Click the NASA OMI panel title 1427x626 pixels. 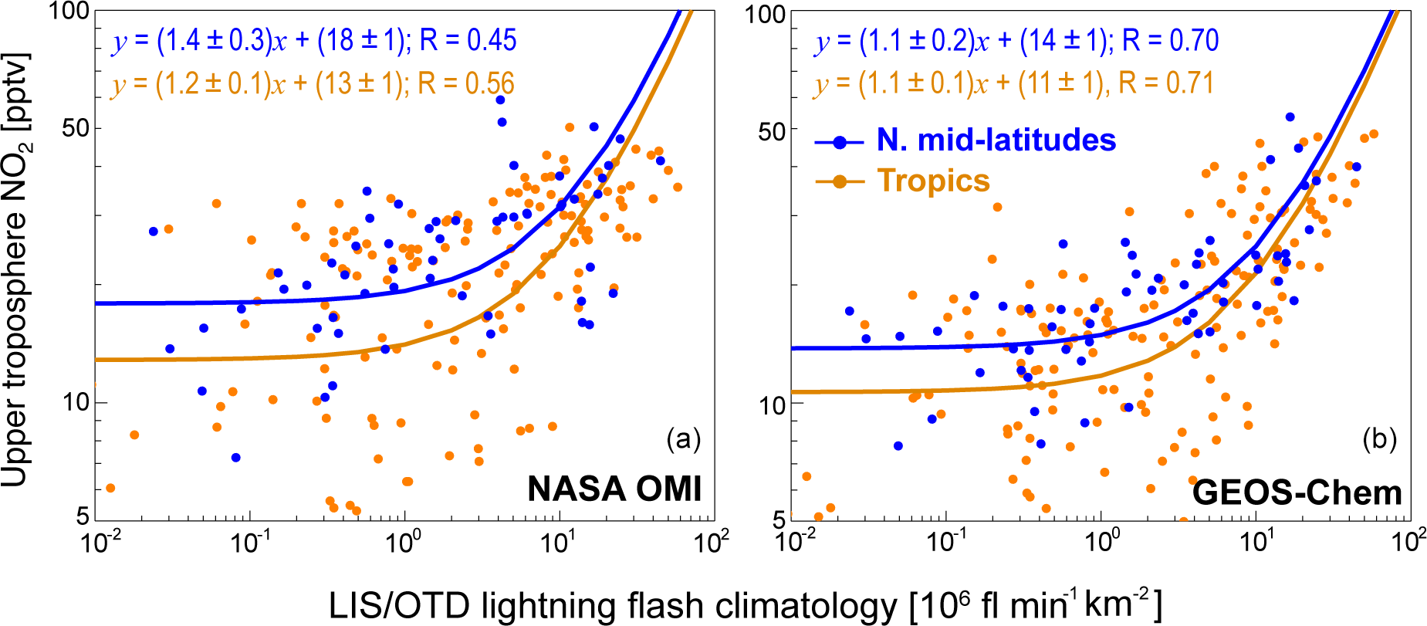tap(614, 489)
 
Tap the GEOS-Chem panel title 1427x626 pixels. tap(1297, 492)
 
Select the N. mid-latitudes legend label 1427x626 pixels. tap(996, 140)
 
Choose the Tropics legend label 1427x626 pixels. tap(933, 181)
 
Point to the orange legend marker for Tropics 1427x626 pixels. tap(840, 181)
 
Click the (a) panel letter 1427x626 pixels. tap(683, 439)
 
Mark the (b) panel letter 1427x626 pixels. tap(1379, 439)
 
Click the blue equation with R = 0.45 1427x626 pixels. tap(314, 40)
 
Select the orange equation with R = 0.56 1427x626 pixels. tap(313, 83)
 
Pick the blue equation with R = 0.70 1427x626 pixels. tap(1016, 40)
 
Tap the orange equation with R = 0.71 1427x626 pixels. tap(1013, 83)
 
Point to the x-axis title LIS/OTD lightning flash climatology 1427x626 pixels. tap(745, 606)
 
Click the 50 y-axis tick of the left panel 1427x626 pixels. tap(76, 128)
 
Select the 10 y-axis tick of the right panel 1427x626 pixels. tap(772, 405)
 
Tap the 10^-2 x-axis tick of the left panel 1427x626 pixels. tap(99, 543)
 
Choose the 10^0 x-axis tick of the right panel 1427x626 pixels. tap(1101, 543)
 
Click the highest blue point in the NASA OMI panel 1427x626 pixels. tap(500, 100)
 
